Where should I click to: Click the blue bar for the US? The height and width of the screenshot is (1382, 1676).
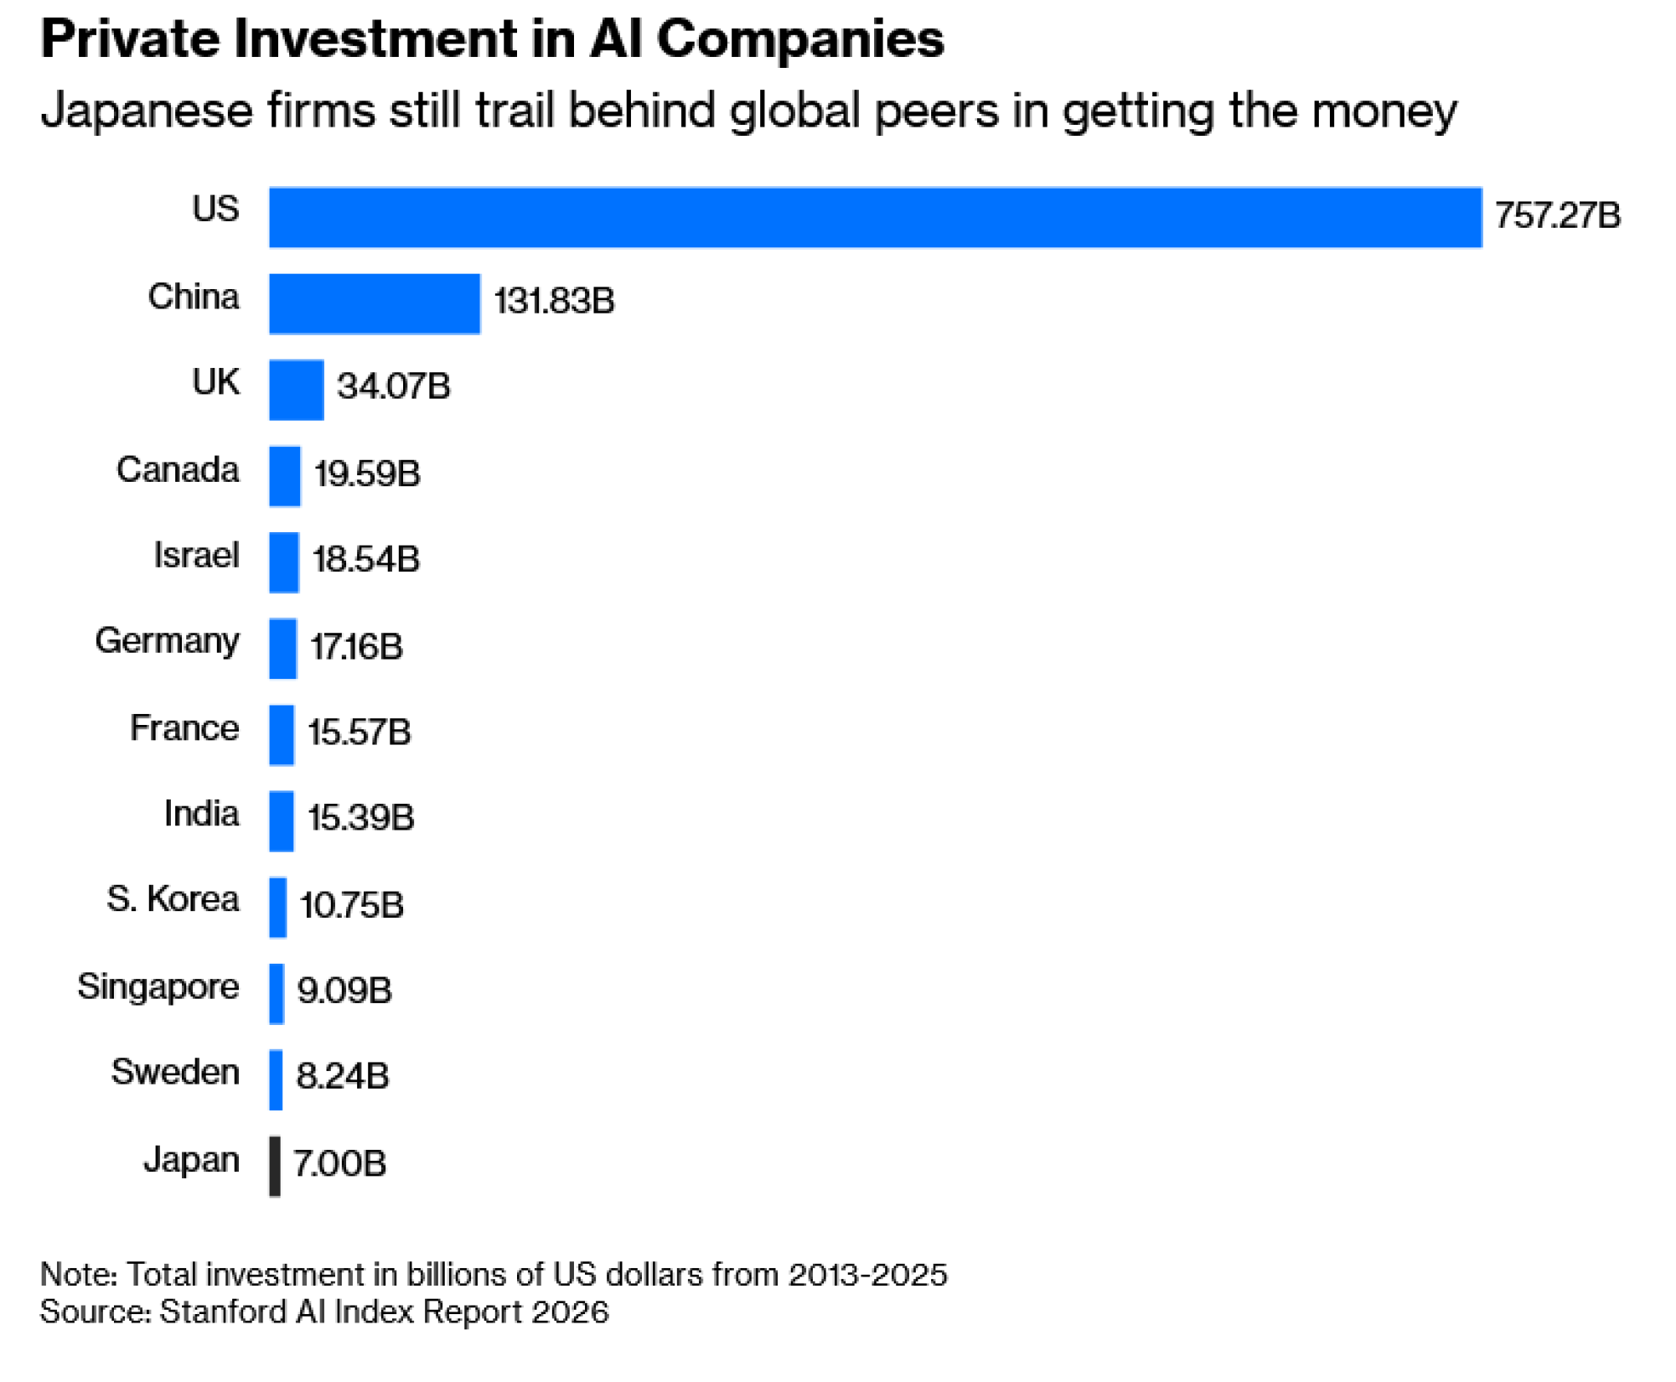pos(875,217)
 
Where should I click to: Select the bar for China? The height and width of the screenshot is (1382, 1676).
pos(375,303)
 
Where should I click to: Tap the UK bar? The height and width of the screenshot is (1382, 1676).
pos(296,390)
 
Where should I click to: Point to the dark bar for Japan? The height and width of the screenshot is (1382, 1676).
pos(275,1166)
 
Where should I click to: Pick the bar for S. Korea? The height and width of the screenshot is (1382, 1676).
pos(278,907)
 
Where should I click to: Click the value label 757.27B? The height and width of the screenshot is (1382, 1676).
pos(1557,215)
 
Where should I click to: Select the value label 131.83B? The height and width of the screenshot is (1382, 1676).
pos(554,301)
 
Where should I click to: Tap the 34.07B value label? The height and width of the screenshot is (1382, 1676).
pos(393,386)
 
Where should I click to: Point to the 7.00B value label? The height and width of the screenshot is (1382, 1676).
pos(339,1163)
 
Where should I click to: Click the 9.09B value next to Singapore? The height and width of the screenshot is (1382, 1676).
pos(344,990)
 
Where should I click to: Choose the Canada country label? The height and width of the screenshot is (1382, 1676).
pos(178,469)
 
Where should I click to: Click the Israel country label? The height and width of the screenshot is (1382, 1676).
pos(196,555)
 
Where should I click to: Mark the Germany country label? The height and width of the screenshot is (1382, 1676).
pos(167,641)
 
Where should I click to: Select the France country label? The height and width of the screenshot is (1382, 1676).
pos(184,727)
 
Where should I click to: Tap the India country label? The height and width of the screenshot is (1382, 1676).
pos(201,813)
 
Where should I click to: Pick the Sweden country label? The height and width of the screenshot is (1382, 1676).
pos(175,1072)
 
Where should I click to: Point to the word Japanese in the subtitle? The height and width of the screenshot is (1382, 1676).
pos(147,111)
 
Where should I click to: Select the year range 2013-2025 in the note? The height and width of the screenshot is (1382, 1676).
pos(867,1274)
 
